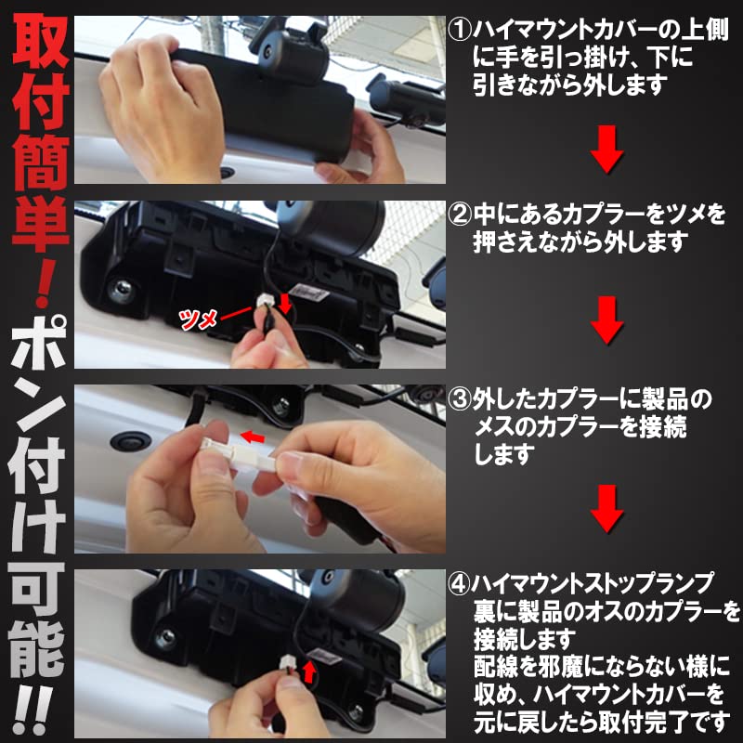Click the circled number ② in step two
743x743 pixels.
pyautogui.click(x=460, y=216)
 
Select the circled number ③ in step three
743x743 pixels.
pyautogui.click(x=460, y=400)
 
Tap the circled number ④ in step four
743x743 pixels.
pyautogui.click(x=460, y=583)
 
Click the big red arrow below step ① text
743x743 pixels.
pyautogui.click(x=607, y=151)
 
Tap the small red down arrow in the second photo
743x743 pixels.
pyautogui.click(x=285, y=306)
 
